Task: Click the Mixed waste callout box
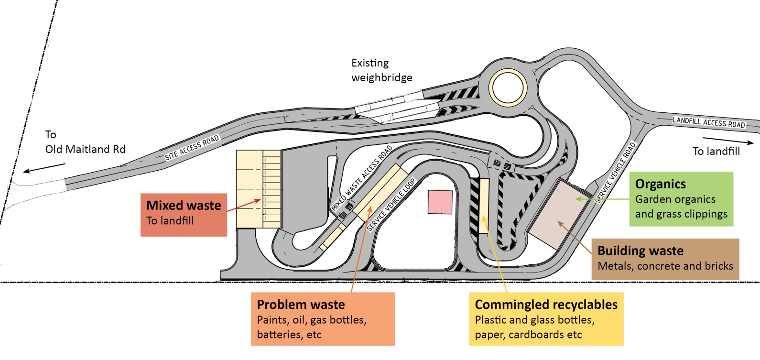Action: pyautogui.click(x=184, y=214)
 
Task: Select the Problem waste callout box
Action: pyautogui.click(x=323, y=319)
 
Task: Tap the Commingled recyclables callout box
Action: pyautogui.click(x=546, y=319)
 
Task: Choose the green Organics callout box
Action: pyautogui.click(x=681, y=199)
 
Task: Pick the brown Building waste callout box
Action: pyautogui.click(x=665, y=259)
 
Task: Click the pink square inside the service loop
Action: pyautogui.click(x=440, y=202)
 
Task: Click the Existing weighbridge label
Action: pyautogui.click(x=381, y=70)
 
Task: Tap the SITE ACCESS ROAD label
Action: pyautogui.click(x=192, y=148)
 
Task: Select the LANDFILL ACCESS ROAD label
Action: pyautogui.click(x=709, y=122)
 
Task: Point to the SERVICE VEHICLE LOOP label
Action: pyautogui.click(x=391, y=205)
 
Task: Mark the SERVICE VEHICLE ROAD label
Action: pyautogui.click(x=616, y=173)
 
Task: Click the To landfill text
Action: pyautogui.click(x=716, y=151)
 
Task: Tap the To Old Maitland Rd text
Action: pyautogui.click(x=85, y=142)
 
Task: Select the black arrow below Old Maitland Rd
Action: pyautogui.click(x=45, y=168)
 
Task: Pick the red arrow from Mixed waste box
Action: pyautogui.click(x=244, y=206)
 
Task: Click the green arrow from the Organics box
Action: pyautogui.click(x=602, y=198)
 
